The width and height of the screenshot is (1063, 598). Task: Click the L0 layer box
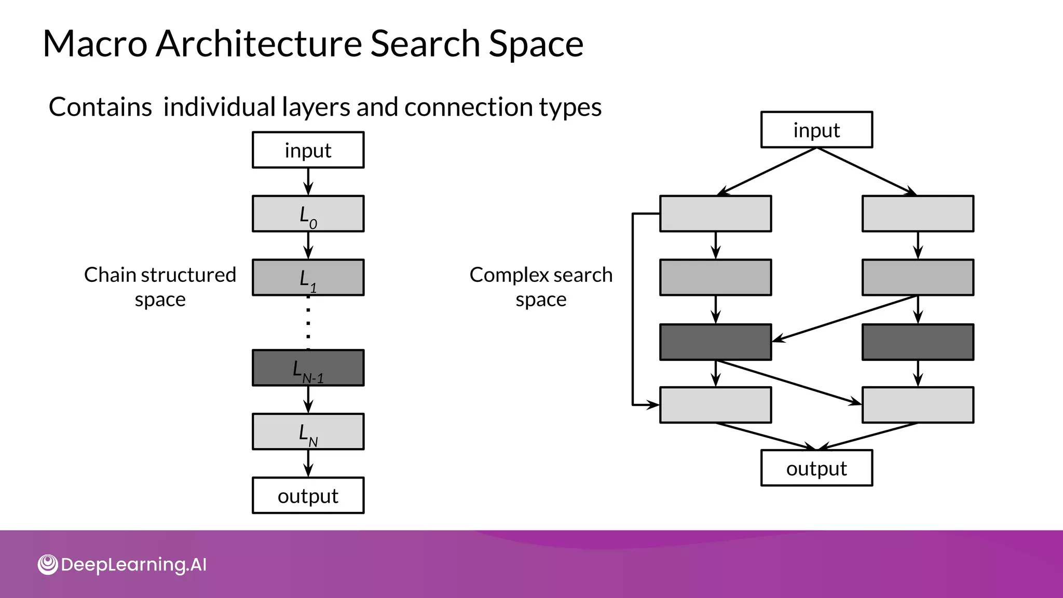pyautogui.click(x=308, y=213)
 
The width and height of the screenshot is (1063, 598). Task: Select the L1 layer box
pyautogui.click(x=308, y=277)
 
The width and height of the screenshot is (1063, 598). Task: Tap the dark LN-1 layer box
pyautogui.click(x=308, y=368)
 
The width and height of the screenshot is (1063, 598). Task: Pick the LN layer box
pyautogui.click(x=308, y=431)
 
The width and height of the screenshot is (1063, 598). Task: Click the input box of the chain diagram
pyautogui.click(x=308, y=150)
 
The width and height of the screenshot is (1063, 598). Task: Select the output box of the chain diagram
pyautogui.click(x=308, y=495)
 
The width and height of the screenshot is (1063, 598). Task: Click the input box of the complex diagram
pyautogui.click(x=816, y=130)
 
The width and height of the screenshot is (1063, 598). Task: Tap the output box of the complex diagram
pyautogui.click(x=816, y=468)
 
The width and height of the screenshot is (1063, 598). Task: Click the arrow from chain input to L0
pyautogui.click(x=308, y=182)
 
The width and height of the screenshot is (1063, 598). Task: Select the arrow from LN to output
pyautogui.click(x=308, y=463)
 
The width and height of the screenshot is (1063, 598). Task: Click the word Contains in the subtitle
pyautogui.click(x=100, y=107)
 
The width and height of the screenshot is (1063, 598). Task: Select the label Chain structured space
pyautogui.click(x=160, y=287)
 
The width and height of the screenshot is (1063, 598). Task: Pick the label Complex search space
pyautogui.click(x=541, y=287)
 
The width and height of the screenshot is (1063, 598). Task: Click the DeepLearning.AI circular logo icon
pyautogui.click(x=48, y=565)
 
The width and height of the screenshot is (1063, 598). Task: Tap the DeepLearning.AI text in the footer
pyautogui.click(x=133, y=565)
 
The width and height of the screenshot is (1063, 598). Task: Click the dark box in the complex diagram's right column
pyautogui.click(x=918, y=342)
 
